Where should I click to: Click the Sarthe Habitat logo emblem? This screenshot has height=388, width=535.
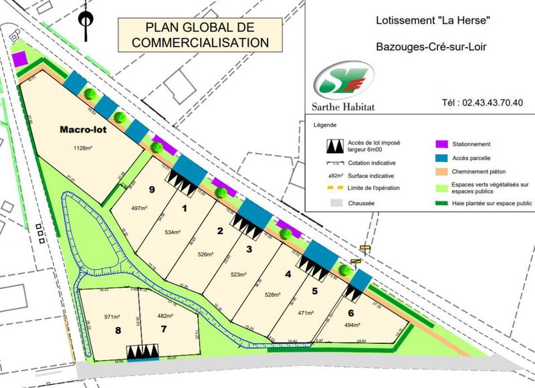pos(342,80)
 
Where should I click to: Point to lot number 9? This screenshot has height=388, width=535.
pos(152,190)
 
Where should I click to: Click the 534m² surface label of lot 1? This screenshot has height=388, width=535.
pos(173,232)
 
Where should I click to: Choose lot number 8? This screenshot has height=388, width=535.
pos(118,330)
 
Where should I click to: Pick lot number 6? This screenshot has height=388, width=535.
pos(351,312)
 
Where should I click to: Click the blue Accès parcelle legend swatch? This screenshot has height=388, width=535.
pos(441,159)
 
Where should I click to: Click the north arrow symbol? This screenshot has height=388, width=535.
pos(85,22)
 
